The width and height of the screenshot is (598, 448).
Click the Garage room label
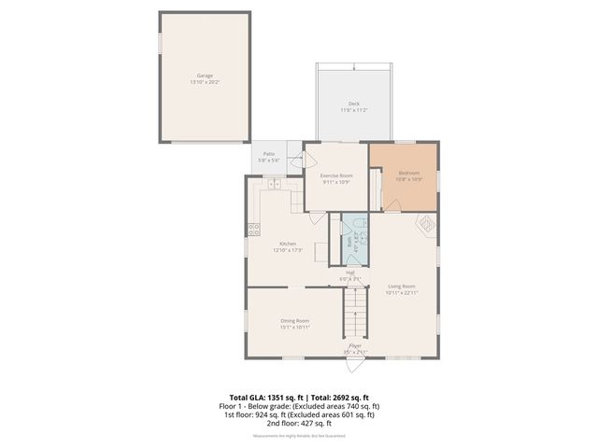[205, 76]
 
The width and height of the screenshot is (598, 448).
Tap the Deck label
[354, 104]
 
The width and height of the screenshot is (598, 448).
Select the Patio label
[268, 153]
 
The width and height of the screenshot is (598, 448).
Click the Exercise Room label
[336, 175]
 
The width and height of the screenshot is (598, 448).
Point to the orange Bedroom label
[409, 173]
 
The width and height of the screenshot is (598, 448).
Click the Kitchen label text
[287, 244]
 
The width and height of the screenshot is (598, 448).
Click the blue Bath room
[354, 241]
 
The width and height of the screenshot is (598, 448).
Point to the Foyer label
[355, 345]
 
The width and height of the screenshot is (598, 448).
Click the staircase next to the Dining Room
[355, 313]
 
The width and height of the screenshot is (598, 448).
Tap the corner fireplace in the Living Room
[425, 225]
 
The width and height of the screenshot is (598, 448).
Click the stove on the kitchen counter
[252, 229]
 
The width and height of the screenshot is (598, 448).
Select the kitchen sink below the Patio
[277, 185]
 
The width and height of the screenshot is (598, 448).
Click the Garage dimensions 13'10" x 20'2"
[205, 82]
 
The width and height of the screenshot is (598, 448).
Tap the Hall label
[349, 273]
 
